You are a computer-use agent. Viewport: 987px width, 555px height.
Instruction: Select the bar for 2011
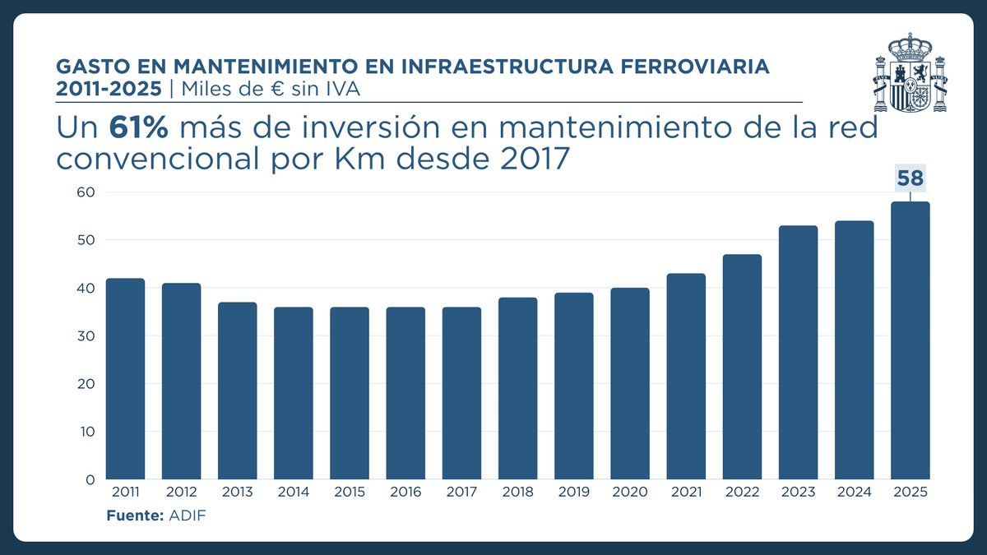(125, 379)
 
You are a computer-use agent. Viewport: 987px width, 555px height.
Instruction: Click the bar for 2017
(461, 393)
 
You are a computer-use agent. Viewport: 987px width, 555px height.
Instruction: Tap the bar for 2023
(798, 353)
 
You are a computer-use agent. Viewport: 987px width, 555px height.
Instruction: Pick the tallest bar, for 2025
(910, 340)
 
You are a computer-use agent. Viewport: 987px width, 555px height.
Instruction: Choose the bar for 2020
(630, 383)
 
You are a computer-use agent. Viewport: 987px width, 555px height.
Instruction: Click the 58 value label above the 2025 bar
(910, 178)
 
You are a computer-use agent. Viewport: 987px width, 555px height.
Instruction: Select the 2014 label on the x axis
(294, 493)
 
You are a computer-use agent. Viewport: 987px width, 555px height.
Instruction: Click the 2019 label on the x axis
(574, 493)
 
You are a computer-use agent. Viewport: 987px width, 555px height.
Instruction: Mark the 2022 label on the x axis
(742, 493)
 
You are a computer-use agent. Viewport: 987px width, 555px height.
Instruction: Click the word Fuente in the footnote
(132, 516)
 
